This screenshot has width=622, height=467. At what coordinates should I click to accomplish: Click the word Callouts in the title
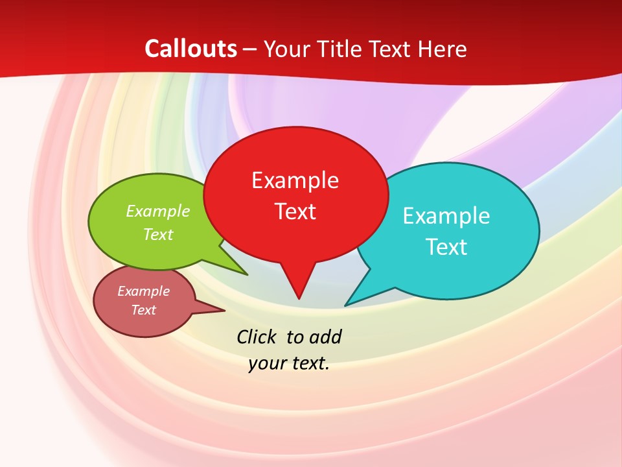[x=190, y=49]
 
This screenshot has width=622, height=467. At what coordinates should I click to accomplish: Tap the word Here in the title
[x=443, y=49]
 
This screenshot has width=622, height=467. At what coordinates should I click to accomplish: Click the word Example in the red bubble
[x=295, y=180]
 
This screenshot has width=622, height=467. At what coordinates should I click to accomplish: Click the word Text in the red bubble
[x=295, y=211]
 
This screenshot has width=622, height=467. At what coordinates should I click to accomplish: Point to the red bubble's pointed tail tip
[x=299, y=298]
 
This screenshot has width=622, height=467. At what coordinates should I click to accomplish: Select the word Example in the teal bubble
[x=446, y=216]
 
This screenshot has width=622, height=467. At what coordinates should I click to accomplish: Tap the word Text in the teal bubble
[x=446, y=247]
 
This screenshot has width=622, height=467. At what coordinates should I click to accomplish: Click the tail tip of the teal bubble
[x=345, y=305]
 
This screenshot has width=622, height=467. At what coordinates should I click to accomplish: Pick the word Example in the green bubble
[x=158, y=211]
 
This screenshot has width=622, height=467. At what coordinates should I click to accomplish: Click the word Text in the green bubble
[x=158, y=235]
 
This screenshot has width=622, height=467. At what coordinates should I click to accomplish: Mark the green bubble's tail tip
[x=247, y=274]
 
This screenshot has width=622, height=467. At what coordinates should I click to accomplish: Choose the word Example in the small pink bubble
[x=143, y=291]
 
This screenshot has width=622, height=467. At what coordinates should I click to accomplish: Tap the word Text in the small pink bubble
[x=143, y=310]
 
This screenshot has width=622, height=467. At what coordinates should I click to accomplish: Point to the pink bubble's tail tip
[x=224, y=310]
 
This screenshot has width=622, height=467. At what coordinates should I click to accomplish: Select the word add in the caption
[x=325, y=337]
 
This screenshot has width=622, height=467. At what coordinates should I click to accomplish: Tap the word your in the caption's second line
[x=267, y=363]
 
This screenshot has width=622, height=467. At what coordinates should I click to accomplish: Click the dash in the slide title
[x=250, y=49]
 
